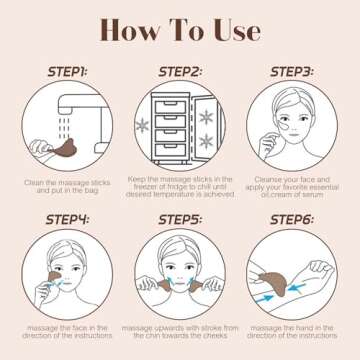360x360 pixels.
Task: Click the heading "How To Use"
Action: (x=180, y=30)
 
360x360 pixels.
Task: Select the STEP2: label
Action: (x=180, y=71)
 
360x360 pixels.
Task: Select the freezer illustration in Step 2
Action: (x=180, y=125)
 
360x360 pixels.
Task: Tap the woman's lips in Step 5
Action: (x=181, y=290)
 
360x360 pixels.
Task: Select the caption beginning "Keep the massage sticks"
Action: (x=180, y=188)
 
